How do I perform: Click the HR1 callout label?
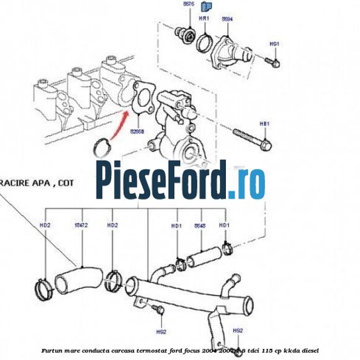(x=203, y=19)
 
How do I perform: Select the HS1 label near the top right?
(x=275, y=44)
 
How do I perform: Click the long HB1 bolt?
(x=252, y=140)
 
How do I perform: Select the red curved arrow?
(x=119, y=127)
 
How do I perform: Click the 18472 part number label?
(x=80, y=225)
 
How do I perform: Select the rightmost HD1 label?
(x=225, y=225)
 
